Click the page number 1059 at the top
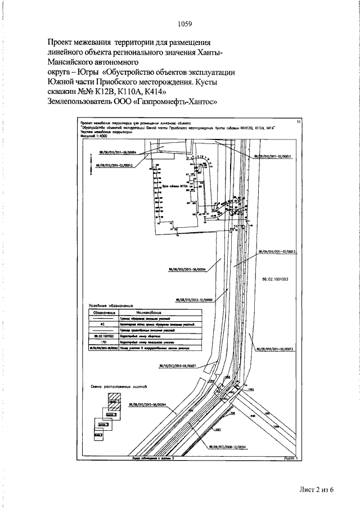point(184,24)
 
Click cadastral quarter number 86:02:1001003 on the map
point(275,278)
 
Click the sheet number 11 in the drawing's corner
point(299,121)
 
